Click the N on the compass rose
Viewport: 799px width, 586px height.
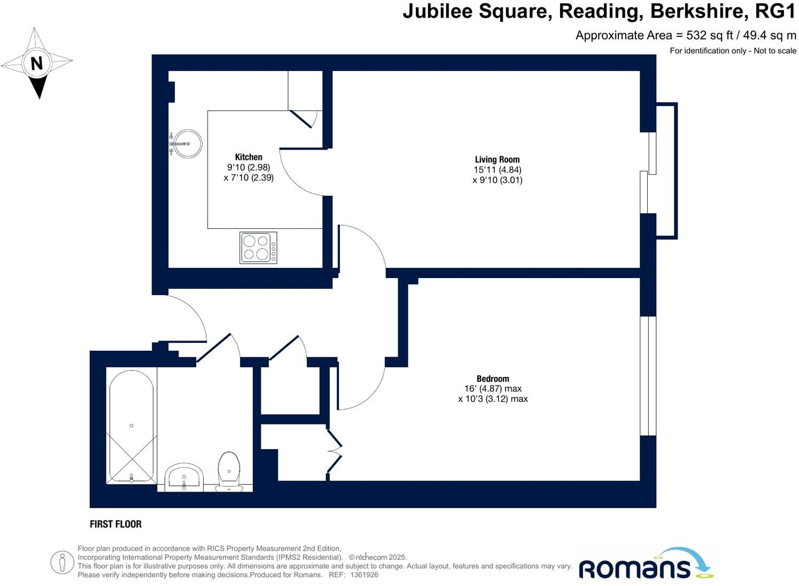(36, 64)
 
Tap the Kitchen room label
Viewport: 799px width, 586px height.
(249, 157)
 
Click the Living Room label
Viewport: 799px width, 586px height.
(497, 159)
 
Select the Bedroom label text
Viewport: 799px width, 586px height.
(493, 379)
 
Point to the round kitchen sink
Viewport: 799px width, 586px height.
(188, 143)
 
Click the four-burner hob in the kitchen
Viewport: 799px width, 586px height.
(258, 248)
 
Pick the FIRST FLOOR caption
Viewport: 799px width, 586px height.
(115, 525)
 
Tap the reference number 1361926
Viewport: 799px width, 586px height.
(364, 575)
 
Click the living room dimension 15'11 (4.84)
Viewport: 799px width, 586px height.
(497, 169)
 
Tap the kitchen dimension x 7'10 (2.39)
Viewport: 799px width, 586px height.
(249, 178)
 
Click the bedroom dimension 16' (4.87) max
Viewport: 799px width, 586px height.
(493, 389)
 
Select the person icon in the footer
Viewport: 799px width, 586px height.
(62, 562)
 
